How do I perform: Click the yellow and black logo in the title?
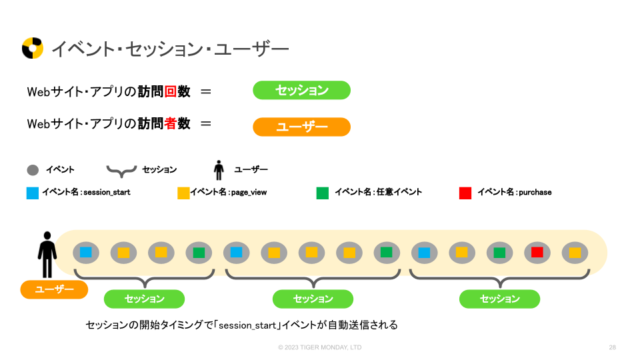pos(33,48)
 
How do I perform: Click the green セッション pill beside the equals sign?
pos(301,91)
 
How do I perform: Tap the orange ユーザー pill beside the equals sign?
pos(301,127)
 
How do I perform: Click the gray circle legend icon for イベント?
pos(33,170)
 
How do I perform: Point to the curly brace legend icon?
pos(121,171)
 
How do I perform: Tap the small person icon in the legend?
pos(219,170)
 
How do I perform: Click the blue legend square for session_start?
pos(33,193)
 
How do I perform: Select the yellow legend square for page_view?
pos(183,193)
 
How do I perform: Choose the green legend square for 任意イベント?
pos(323,193)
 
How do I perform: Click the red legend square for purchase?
pos(465,193)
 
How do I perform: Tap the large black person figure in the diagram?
pos(47,254)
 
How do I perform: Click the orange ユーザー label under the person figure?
pos(54,289)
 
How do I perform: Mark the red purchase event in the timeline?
pos(537,253)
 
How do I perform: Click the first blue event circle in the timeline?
pos(86,253)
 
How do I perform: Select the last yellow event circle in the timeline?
pos(575,253)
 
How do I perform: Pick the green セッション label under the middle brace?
pos(313,299)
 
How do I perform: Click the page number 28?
pos(612,347)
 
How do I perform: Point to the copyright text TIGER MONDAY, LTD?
pos(320,347)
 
